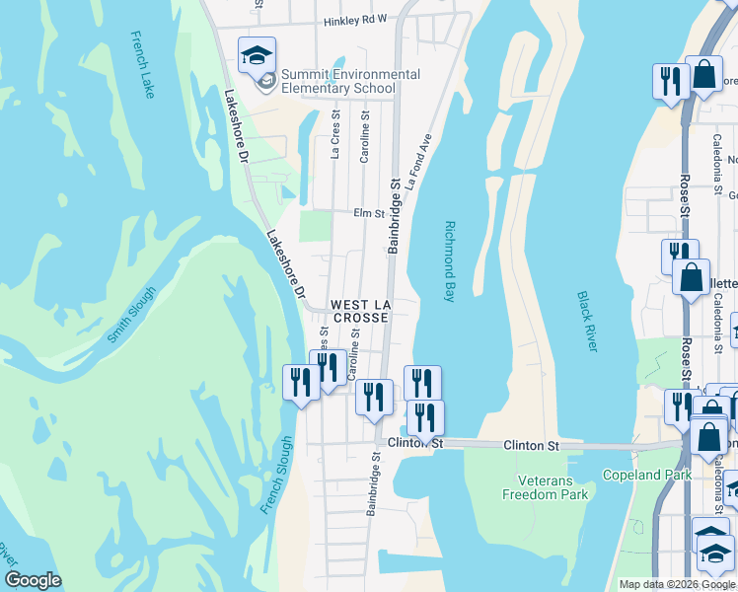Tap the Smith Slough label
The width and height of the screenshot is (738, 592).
pyautogui.click(x=131, y=315)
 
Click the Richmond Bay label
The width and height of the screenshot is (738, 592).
pyautogui.click(x=449, y=260)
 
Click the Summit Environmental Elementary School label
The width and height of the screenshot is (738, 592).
pyautogui.click(x=350, y=81)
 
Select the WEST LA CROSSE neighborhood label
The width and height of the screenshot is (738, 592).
pyautogui.click(x=360, y=312)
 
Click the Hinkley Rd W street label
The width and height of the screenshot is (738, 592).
pyautogui.click(x=355, y=19)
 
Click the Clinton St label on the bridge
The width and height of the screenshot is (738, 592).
pyautogui.click(x=531, y=446)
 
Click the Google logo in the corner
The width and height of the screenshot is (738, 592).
pyautogui.click(x=33, y=580)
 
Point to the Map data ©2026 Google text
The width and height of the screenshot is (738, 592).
pyautogui.click(x=676, y=584)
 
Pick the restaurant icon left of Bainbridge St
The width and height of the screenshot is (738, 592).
pyautogui.click(x=374, y=398)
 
